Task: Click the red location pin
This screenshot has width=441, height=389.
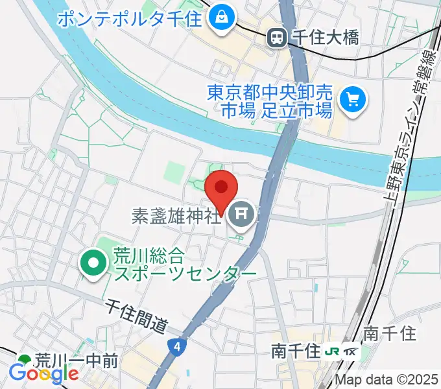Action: [x=220, y=189]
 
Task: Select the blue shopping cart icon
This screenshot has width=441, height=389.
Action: [x=353, y=99]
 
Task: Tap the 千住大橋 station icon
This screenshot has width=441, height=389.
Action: [x=278, y=38]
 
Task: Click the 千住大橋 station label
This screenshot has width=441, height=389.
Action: [x=323, y=38]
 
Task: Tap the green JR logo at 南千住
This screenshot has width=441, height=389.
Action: [x=332, y=351]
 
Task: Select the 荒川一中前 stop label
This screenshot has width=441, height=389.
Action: [x=76, y=360]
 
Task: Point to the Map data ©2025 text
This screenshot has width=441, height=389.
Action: [x=387, y=381]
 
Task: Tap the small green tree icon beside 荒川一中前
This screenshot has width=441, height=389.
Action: [x=25, y=360]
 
